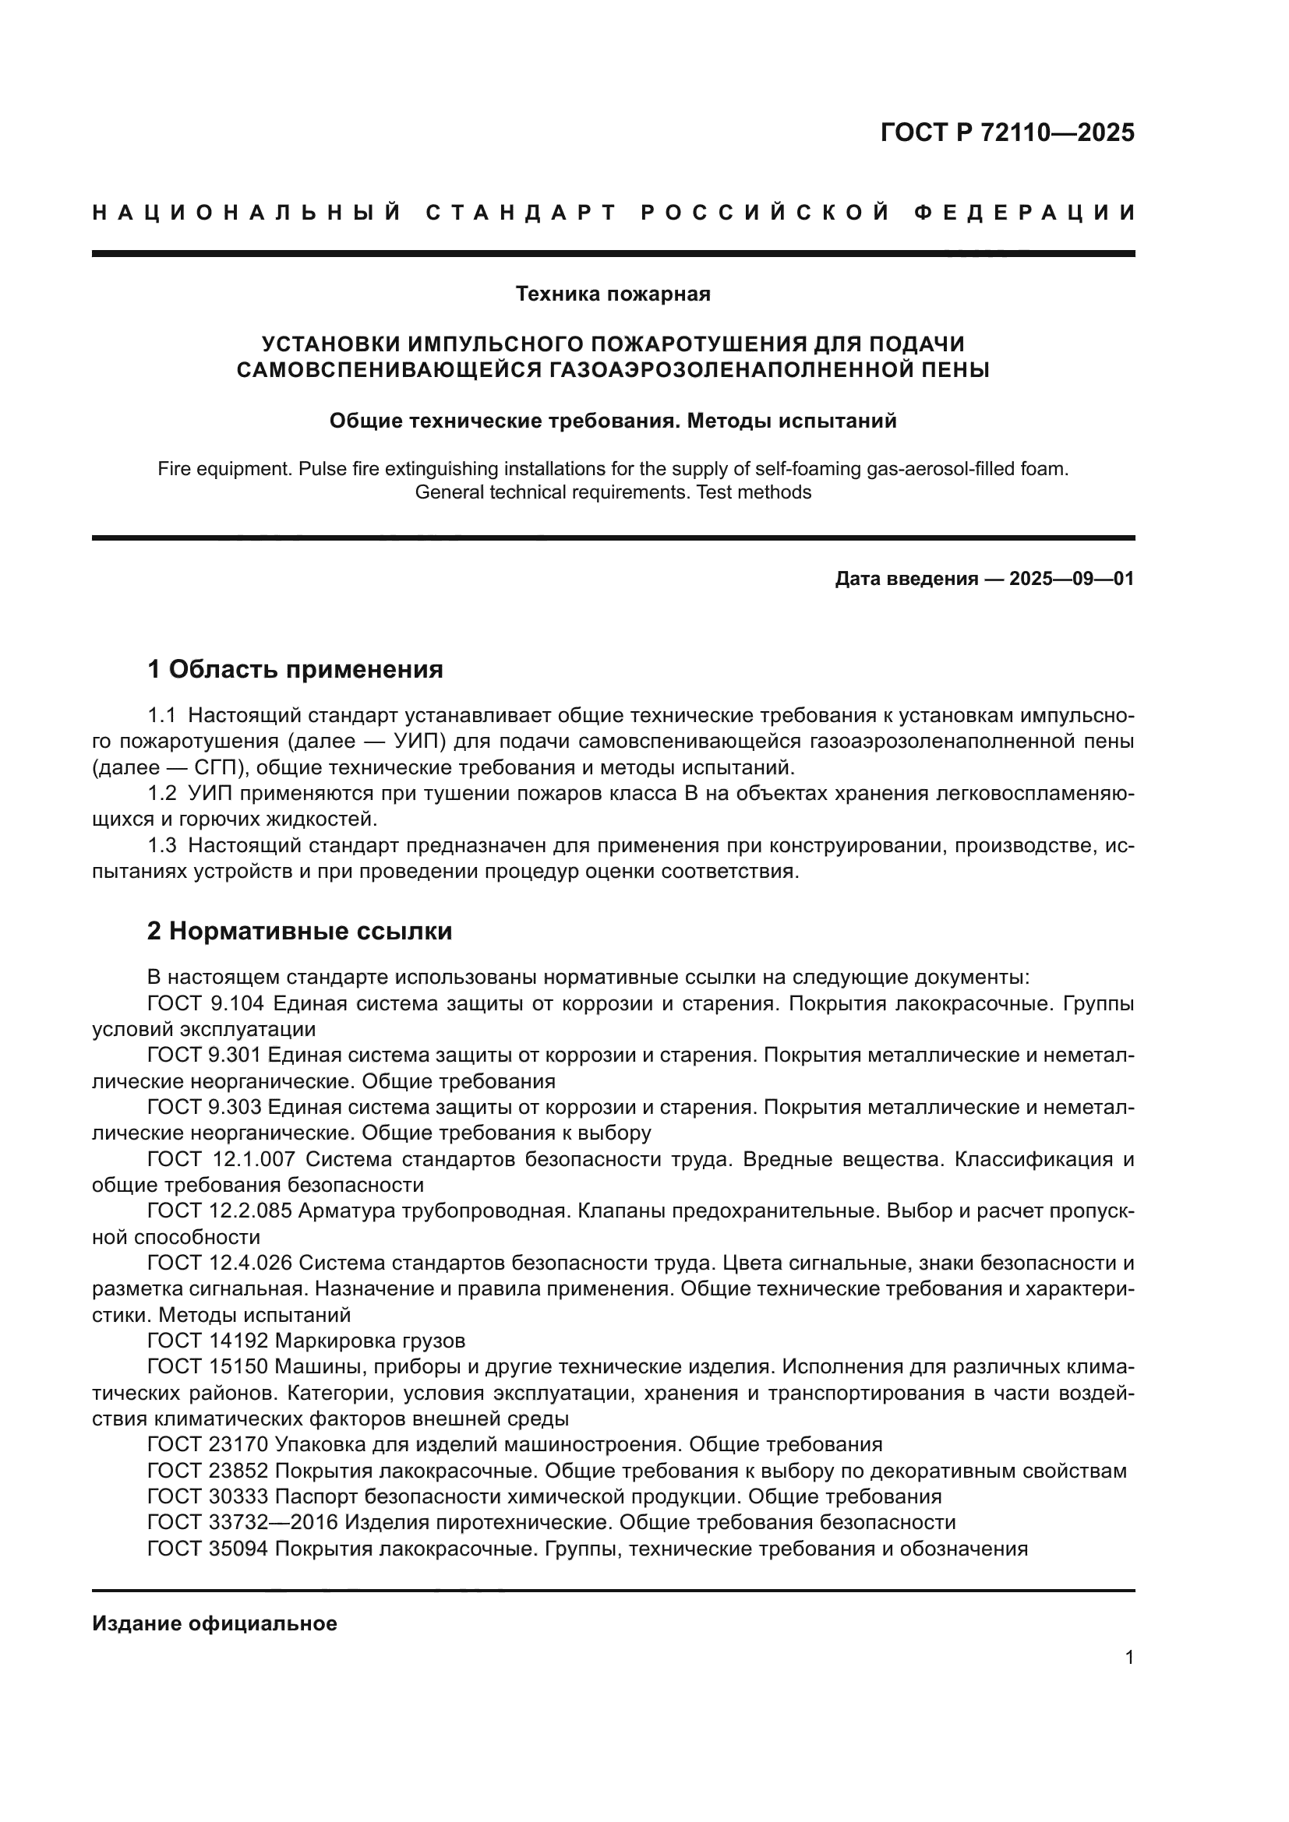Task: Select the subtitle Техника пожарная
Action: [613, 294]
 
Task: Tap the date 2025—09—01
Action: [1071, 579]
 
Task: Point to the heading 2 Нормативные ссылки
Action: [299, 930]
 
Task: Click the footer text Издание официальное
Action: [214, 1623]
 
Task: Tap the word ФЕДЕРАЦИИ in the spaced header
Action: [1024, 213]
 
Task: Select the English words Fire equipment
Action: [224, 468]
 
